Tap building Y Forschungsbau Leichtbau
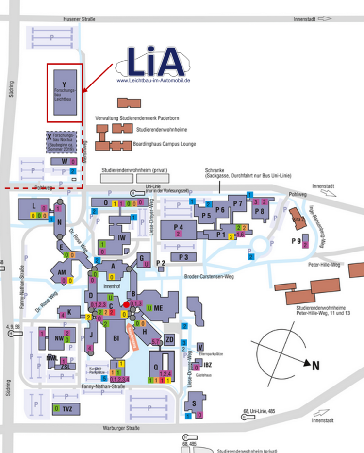coord(64,92)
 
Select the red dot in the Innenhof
coord(126,304)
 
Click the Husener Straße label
coord(79,19)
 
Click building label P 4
coord(178,227)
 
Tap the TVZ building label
coord(67,409)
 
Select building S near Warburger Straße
coord(194,403)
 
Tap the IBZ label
coord(208,365)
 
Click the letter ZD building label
coord(170,339)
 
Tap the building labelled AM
coord(62,272)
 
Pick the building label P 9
coord(296,241)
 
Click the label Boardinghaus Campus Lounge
coord(164,144)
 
